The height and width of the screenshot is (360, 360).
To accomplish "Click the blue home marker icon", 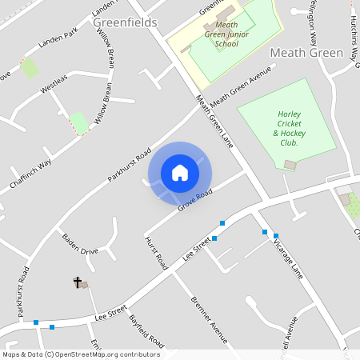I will [x=180, y=173].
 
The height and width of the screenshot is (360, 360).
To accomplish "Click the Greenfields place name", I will [x=126, y=22].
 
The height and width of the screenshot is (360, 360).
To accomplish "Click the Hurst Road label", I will [x=156, y=251].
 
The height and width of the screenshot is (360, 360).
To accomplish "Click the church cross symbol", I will [x=78, y=282].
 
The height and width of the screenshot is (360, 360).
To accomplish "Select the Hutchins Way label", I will [x=352, y=36].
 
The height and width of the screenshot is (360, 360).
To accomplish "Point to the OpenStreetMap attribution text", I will [x=80, y=354].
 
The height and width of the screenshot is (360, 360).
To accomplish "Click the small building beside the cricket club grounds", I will [x=290, y=165].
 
